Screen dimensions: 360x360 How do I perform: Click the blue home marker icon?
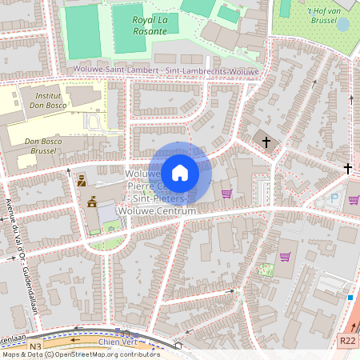[180, 173]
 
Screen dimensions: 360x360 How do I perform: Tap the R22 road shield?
[347, 341]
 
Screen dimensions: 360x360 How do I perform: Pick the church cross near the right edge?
[348, 168]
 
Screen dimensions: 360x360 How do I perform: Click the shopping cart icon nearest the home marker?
[226, 193]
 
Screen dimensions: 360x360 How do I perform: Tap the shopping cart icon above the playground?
[285, 257]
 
